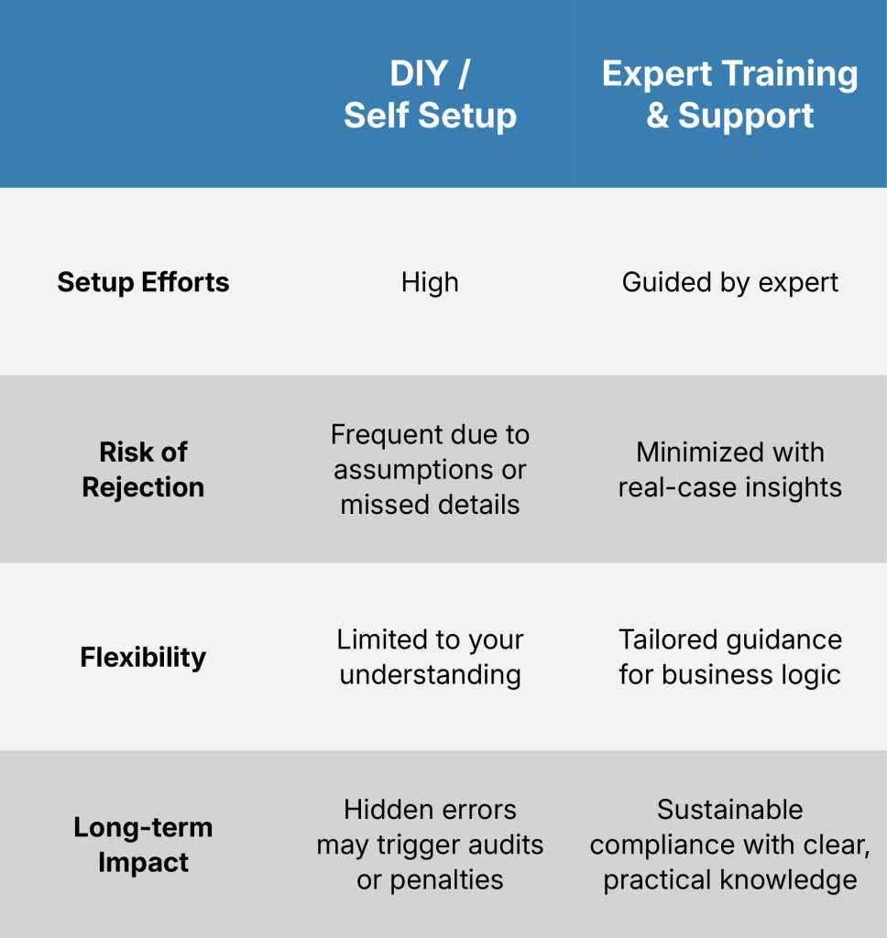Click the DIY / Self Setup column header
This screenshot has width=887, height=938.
(x=430, y=94)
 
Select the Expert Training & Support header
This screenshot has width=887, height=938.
(x=729, y=94)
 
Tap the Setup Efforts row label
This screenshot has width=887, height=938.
(x=143, y=282)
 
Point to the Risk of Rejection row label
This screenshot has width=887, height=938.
(x=143, y=469)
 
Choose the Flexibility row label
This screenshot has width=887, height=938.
(x=143, y=657)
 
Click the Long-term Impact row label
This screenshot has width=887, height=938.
(x=143, y=845)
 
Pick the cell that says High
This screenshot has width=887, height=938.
(x=430, y=282)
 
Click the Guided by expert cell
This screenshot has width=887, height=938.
(x=729, y=282)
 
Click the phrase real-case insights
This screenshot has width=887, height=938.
(x=729, y=487)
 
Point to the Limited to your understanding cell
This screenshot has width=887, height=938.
(x=430, y=657)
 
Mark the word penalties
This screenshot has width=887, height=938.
(x=446, y=880)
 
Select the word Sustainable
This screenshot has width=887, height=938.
(x=729, y=810)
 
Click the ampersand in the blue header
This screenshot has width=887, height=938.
(x=657, y=115)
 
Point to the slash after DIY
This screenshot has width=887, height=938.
(x=464, y=73)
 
